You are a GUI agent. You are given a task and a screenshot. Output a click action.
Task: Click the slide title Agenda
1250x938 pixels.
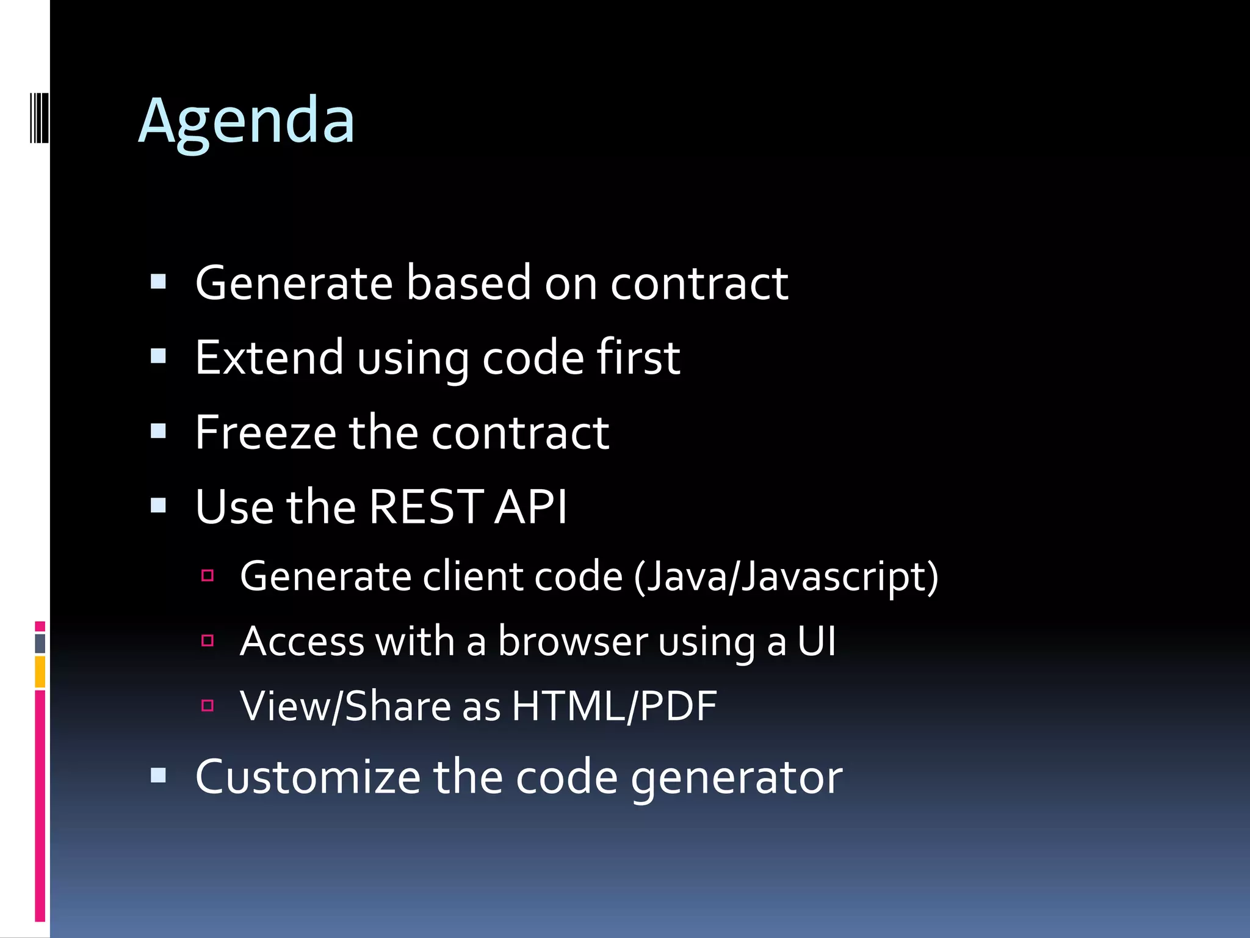tap(246, 122)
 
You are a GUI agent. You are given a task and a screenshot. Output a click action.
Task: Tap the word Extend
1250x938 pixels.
tap(269, 357)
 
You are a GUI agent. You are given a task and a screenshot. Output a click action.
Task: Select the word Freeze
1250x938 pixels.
tap(266, 432)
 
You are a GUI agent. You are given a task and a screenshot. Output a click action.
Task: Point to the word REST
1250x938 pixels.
tap(425, 507)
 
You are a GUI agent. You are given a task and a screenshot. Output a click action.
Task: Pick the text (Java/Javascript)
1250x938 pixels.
tap(786, 576)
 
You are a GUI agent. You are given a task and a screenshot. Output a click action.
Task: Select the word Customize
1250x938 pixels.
tap(308, 777)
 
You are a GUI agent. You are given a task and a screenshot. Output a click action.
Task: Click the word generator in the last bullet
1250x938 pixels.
tap(736, 778)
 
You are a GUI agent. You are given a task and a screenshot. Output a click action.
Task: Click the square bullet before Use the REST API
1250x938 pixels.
tap(159, 505)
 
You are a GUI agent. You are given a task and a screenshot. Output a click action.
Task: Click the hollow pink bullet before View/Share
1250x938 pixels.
tap(208, 705)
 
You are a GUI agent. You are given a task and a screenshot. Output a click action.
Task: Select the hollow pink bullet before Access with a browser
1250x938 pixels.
tap(208, 641)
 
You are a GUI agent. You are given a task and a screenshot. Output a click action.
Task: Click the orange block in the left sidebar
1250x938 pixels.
tap(40, 672)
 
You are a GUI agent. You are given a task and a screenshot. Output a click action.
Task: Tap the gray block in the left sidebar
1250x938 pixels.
tap(40, 643)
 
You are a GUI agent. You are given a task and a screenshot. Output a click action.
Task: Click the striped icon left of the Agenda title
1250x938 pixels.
tap(40, 117)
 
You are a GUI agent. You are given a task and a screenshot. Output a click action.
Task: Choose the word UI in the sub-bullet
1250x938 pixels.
tap(816, 641)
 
